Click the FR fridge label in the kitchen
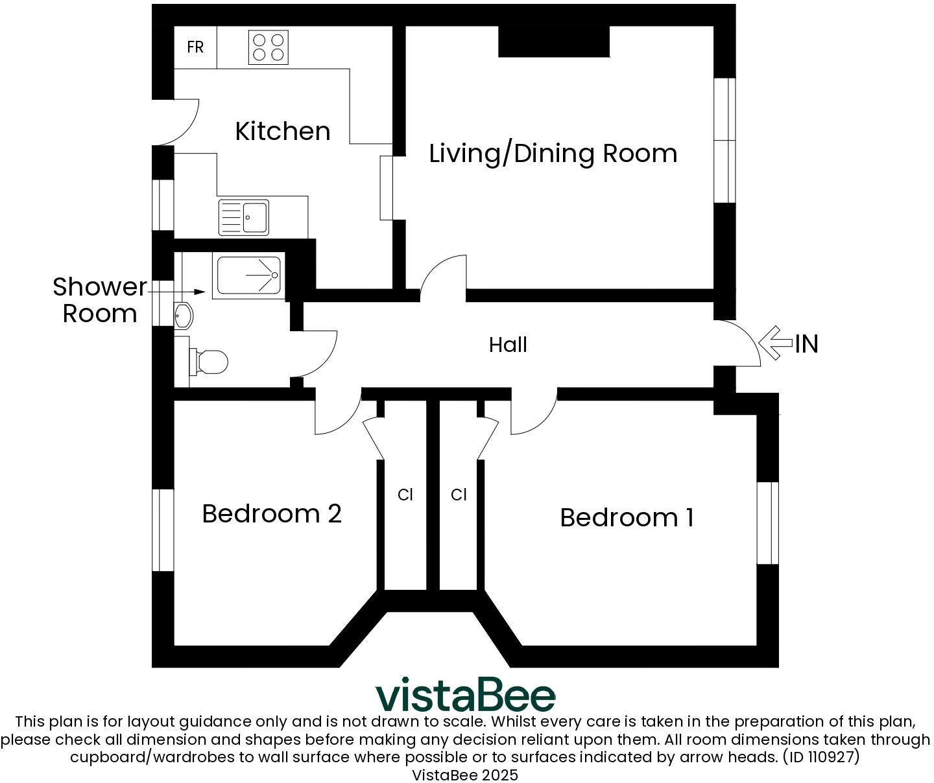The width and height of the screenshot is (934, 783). [195, 47]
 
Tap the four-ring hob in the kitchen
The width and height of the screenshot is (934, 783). [269, 47]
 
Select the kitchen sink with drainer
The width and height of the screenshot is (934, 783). [244, 217]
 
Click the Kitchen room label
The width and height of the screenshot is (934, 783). [282, 132]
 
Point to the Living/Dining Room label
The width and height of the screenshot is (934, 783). [553, 154]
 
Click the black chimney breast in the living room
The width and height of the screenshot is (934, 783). [553, 41]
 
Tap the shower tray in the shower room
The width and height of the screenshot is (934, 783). [249, 275]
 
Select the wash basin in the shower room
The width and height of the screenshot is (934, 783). [183, 316]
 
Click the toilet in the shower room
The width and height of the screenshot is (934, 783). [210, 362]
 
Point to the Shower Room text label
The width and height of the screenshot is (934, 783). [99, 300]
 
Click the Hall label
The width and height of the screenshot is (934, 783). [508, 345]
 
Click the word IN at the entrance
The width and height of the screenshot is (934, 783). [807, 344]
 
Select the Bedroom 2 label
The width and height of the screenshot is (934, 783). [271, 514]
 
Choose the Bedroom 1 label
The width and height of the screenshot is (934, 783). [627, 518]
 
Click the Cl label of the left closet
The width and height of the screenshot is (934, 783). [405, 495]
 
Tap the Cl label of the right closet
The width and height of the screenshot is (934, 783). [459, 495]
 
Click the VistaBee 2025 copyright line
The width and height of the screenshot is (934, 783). [465, 775]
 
